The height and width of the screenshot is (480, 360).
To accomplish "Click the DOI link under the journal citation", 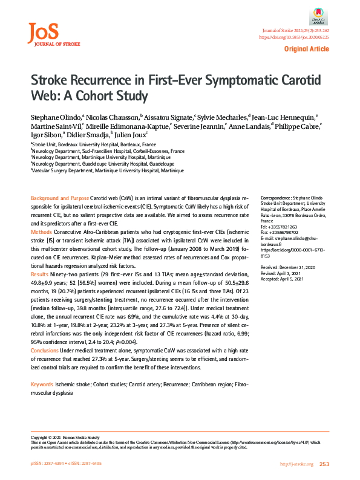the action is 294,37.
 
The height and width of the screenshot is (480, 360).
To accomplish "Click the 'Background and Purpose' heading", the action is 59,199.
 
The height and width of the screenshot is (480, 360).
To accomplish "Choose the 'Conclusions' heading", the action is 45,350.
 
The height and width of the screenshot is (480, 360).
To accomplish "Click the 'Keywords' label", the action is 42,384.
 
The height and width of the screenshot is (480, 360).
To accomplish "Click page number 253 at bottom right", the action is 324,464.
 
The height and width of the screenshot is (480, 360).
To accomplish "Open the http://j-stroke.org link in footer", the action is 296,464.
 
